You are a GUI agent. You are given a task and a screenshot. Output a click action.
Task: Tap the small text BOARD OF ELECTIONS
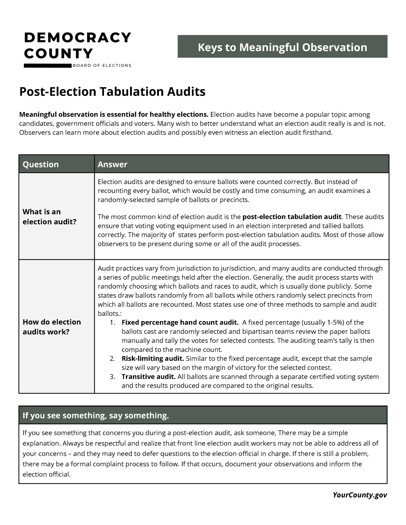coord(102,65)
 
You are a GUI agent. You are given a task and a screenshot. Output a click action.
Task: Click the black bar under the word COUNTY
coord(48,66)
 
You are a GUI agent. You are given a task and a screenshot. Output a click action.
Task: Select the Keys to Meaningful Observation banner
coord(282,47)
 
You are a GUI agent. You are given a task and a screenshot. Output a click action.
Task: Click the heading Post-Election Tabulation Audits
coord(112,92)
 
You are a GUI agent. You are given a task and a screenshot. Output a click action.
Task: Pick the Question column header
coord(41,164)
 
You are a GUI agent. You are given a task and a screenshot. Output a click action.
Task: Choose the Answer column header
coord(112,164)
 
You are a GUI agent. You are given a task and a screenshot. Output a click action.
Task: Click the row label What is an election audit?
coord(49,216)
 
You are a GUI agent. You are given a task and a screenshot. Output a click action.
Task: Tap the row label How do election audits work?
coord(52,327)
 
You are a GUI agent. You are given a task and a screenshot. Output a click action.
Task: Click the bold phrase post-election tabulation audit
coord(292,217)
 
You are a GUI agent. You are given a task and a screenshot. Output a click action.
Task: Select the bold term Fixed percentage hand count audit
coord(180,322)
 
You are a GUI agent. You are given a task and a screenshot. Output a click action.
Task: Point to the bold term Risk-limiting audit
coord(153,358)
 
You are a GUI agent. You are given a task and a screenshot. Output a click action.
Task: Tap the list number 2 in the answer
coord(112,359)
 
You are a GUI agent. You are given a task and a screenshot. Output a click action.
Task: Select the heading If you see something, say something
coord(96,415)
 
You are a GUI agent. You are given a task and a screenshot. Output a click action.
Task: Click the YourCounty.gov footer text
coord(360,495)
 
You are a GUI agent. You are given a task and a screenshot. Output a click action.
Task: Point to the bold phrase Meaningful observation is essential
coord(113,114)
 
